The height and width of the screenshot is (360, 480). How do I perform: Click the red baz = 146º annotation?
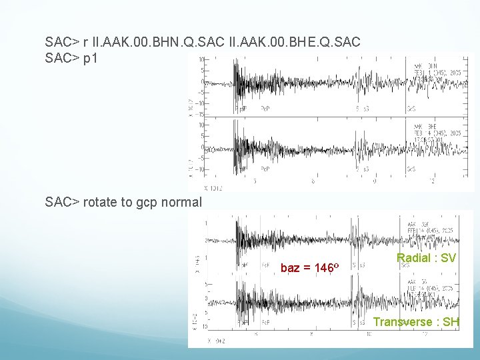310,268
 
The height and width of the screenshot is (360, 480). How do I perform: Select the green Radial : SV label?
426,258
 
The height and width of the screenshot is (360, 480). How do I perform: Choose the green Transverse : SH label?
416,323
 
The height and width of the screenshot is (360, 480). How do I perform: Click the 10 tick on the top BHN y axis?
201,59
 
